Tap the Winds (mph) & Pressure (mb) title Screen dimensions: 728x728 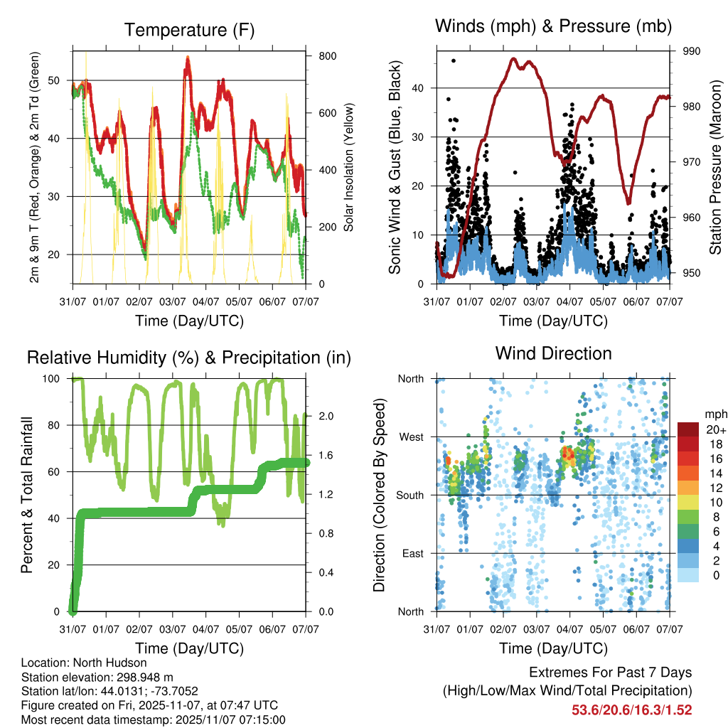point(553,26)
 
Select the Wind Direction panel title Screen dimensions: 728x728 point(553,353)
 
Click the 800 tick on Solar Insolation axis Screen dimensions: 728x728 point(322,55)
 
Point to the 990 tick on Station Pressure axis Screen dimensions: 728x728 point(692,51)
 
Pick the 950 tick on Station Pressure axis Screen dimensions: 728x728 point(692,273)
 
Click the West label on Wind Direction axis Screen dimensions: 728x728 point(410,437)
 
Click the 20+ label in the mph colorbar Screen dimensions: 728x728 point(715,429)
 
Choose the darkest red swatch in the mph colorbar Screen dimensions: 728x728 point(688,429)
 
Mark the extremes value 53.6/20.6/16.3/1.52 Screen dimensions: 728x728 point(631,710)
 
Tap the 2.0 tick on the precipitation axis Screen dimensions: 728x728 point(322,416)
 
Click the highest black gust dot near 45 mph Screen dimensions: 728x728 point(454,60)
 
